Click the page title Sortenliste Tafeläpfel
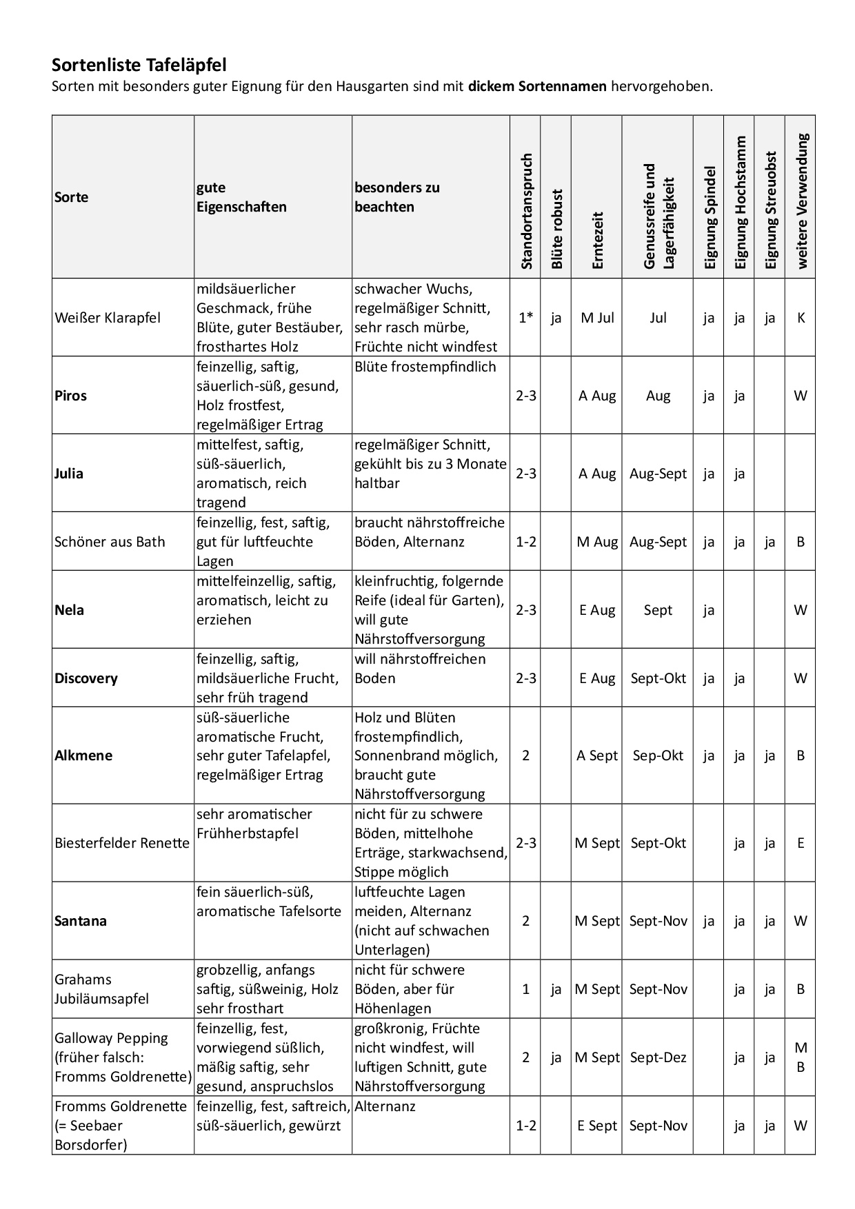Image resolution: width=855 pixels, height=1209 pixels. coord(139,65)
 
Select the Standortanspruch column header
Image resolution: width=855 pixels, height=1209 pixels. coord(526,211)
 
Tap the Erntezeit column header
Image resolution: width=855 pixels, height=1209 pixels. coord(597,240)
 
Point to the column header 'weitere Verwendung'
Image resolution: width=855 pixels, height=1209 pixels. coord(801,201)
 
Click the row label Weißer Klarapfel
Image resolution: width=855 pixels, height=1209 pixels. coord(108,318)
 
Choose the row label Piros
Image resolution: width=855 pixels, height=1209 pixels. coord(70,396)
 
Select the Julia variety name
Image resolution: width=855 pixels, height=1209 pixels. coord(69,474)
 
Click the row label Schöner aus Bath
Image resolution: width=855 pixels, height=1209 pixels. coord(110,542)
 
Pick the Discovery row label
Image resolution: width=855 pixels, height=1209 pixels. coord(86,678)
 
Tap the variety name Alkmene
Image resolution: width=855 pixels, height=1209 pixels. coord(83,755)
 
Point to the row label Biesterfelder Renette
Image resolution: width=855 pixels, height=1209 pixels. coord(122,843)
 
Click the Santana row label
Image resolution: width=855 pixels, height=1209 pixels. coord(81,921)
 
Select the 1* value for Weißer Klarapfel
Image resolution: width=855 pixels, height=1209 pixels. coord(526,318)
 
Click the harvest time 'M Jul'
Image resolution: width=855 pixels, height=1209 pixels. coord(597,318)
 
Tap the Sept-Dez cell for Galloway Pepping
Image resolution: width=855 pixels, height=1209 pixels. coord(658,1057)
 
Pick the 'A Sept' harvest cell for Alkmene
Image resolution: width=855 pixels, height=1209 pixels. coord(597,755)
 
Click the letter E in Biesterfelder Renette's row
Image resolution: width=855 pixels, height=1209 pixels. coord(801,843)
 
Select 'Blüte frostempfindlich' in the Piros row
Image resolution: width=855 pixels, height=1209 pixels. coord(425,367)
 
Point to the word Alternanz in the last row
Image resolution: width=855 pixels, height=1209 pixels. coord(385,1106)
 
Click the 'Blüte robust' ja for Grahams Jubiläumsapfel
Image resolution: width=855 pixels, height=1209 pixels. coord(556,989)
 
